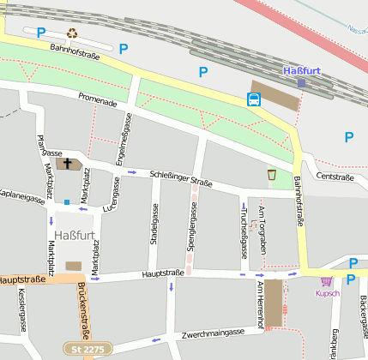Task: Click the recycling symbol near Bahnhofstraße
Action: [x=73, y=33]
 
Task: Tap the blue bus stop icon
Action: [x=254, y=99]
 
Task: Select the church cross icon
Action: [x=68, y=163]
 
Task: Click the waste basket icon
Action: [x=272, y=175]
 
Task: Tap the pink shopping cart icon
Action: [x=327, y=280]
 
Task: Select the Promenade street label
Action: [x=96, y=102]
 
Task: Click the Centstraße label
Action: [x=335, y=177]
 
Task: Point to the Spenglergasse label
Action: [x=190, y=231]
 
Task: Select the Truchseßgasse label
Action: [x=243, y=231]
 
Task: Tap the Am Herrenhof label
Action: [x=258, y=304]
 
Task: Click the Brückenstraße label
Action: [x=84, y=309]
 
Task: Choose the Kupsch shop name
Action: [x=328, y=293]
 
